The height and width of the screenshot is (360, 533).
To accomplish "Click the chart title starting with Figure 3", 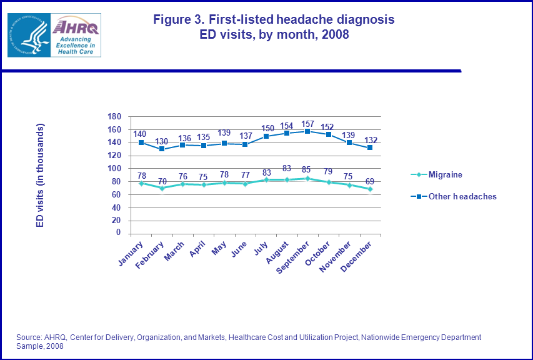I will point(274,27).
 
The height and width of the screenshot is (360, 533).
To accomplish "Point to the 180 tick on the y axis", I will point(114,117).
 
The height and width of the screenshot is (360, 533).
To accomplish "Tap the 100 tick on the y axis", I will point(114,169).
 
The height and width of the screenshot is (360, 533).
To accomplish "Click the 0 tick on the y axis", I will point(117,233).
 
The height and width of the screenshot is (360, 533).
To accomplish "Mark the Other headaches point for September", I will point(307,131).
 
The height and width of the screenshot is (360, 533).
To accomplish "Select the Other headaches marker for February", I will point(162,149).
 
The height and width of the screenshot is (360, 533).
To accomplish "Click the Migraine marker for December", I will point(370,189).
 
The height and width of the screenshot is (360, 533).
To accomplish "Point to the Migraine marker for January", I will point(141,183).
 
